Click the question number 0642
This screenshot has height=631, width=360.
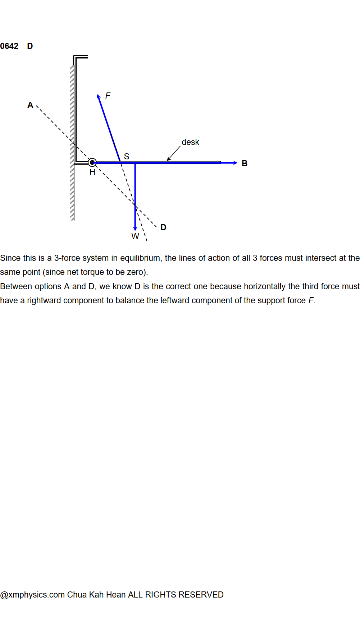tap(9, 46)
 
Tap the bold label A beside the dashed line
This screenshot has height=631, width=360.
tap(30, 105)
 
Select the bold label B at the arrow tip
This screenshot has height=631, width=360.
tap(245, 163)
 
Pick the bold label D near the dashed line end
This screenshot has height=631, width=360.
tap(163, 227)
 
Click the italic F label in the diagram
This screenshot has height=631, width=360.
tap(108, 96)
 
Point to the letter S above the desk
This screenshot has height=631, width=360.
tap(127, 156)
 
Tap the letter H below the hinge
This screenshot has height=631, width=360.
tap(92, 172)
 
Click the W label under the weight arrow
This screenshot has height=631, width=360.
tap(135, 236)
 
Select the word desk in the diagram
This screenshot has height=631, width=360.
tap(190, 142)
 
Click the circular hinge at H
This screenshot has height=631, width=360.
tap(92, 163)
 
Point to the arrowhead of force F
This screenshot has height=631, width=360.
tap(99, 96)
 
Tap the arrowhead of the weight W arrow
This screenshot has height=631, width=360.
tap(135, 228)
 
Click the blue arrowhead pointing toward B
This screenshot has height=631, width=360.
tap(235, 163)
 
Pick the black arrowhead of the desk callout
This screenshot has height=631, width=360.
tap(168, 159)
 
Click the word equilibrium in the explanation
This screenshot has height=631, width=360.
tap(140, 258)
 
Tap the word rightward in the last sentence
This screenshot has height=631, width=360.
tap(44, 300)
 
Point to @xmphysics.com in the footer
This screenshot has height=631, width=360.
tap(32, 595)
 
